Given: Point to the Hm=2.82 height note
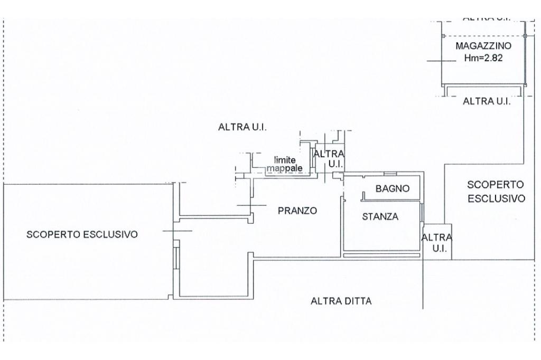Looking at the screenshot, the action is coord(482,59).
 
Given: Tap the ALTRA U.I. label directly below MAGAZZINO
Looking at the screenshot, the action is coord(487,101).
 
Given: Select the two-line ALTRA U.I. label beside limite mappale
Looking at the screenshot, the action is coord(329,158).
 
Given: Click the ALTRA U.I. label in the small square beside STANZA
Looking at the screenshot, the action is coord(437,243).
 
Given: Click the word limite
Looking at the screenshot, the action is coord(284,160).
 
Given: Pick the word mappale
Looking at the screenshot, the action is coord(285,168).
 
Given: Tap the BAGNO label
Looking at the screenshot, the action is coord(393,188).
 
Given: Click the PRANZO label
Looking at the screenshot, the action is coord(297,211).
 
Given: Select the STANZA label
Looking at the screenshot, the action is coord(380,216).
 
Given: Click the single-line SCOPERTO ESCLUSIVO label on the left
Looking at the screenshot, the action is coord(82,234).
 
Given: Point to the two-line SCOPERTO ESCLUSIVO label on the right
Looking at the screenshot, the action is coord(496,192).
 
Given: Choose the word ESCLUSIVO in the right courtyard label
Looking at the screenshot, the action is coord(496,199).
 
